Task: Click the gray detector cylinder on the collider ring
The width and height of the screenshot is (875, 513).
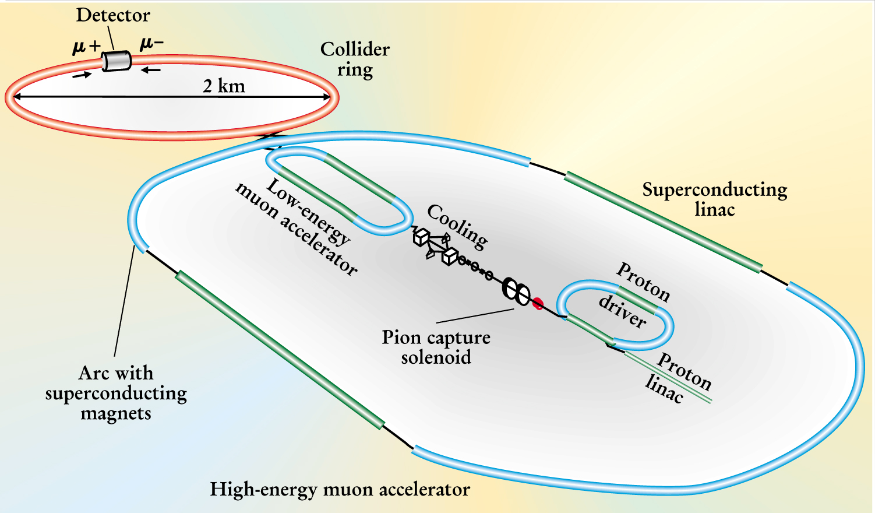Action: point(117,61)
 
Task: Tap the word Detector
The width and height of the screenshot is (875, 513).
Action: point(113,15)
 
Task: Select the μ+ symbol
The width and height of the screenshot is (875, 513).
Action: point(86,46)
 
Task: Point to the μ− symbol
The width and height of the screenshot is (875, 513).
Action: point(151,43)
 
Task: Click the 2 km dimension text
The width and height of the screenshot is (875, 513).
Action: point(224,86)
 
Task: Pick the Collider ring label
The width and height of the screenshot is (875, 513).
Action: point(355,59)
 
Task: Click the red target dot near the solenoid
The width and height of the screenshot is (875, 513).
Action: point(538,303)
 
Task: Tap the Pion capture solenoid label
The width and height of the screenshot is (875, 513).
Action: point(436,347)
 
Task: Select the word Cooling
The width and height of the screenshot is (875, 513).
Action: point(457,226)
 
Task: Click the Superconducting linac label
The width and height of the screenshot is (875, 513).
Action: point(715,199)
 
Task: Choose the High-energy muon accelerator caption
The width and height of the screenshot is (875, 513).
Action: point(340,489)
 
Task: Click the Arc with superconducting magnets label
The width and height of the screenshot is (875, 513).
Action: point(116,393)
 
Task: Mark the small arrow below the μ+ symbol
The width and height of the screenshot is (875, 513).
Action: point(82,75)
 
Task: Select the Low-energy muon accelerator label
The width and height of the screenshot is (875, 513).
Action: point(297,227)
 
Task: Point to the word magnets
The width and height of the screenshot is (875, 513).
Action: point(116,413)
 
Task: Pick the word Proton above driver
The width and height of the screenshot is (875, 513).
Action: point(643,281)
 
